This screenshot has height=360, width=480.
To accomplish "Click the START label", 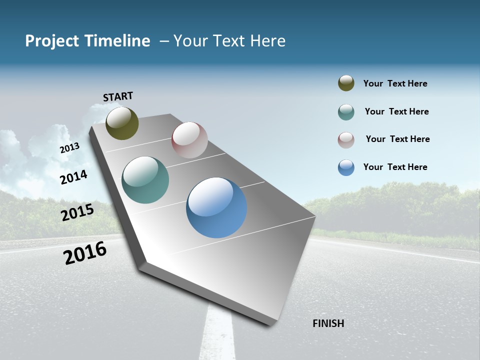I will click(118, 96).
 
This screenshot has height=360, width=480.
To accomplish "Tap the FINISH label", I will click(328, 323).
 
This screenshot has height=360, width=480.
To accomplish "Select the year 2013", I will click(69, 148).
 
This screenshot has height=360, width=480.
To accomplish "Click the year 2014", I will click(73, 177).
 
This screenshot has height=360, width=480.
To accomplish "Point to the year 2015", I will click(77, 212).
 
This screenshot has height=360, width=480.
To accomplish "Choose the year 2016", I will click(85, 252).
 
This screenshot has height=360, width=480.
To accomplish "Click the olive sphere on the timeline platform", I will click(122, 123).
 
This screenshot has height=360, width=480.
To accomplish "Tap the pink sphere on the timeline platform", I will click(189, 140).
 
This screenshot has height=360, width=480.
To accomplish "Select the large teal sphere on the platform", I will click(145, 180).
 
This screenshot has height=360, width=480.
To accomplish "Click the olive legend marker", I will click(346, 83).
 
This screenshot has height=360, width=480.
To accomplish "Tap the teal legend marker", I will click(346, 112).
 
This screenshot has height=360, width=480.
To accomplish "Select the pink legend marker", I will click(346, 139).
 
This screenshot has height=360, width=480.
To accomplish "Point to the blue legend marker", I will click(346, 167).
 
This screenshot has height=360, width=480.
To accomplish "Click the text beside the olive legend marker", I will click(395, 83).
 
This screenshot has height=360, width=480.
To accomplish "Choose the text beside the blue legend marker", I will click(395, 167).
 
